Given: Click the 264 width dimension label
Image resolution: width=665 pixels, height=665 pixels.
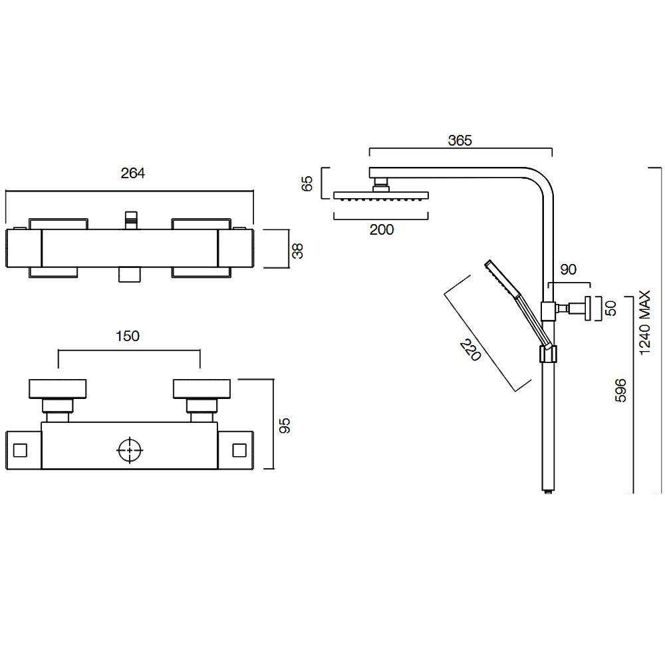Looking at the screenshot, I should coord(132,173).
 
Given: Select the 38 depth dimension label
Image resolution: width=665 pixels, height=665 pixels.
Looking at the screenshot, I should coord(298,250).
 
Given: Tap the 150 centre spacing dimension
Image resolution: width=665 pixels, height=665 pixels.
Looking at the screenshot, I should coord(127,336).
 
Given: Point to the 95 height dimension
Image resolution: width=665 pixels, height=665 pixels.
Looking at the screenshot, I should coord(285,426).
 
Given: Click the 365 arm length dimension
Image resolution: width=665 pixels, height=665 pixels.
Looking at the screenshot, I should coord(460,140).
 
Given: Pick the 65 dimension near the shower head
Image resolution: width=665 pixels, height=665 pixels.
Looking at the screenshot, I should coord(307,184).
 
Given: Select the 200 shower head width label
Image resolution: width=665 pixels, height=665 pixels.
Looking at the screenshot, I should coord(381,229).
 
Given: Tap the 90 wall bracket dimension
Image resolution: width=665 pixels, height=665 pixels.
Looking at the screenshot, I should coord(568,269).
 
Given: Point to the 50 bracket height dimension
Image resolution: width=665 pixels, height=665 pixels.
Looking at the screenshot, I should coord(612,308).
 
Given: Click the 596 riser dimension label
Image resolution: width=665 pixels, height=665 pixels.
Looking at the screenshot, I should coord(621,390).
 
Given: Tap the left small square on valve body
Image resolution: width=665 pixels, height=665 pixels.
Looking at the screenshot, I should coord(20,450).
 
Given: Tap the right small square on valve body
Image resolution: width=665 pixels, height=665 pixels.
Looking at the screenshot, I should coord(239,450).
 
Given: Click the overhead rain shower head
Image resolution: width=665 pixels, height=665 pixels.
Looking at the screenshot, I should coord(381,196).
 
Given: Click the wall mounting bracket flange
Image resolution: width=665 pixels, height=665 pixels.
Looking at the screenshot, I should coord(587,309).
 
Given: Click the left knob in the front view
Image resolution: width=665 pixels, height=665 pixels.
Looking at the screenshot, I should coord(58,388).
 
